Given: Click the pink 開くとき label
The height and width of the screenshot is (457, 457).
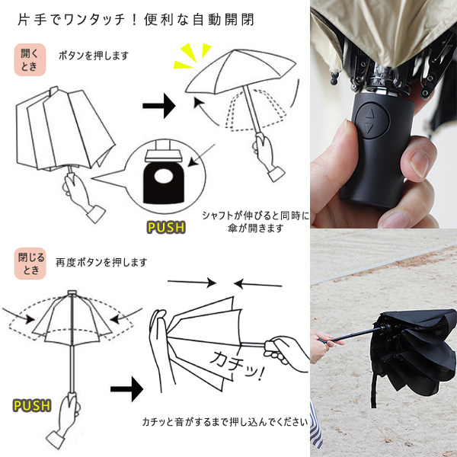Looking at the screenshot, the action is click(x=30, y=59).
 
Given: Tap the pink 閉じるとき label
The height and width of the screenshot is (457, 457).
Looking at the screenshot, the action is click(x=30, y=264).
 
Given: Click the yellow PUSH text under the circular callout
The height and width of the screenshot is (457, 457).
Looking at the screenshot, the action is click(x=166, y=227).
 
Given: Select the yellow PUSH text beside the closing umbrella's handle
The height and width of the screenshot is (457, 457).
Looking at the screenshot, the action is click(x=32, y=406).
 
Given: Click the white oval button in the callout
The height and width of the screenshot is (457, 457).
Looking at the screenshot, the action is click(x=164, y=177).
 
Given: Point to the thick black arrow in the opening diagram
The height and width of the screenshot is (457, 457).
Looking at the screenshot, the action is click(x=159, y=106).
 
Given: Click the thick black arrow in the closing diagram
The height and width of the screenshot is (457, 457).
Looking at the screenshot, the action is click(x=126, y=388).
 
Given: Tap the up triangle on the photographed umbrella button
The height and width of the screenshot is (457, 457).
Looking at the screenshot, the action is click(x=369, y=113).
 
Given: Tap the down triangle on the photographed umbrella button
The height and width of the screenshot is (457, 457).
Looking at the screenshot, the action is click(x=369, y=128).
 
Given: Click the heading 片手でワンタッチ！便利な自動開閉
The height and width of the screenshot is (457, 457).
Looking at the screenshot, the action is click(x=136, y=20).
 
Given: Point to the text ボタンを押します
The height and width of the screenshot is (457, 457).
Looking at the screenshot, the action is click(x=94, y=56).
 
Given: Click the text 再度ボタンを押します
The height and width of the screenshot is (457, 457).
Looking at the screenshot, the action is click(x=101, y=262).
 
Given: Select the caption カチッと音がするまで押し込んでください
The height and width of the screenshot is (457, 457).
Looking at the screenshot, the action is click(x=225, y=422).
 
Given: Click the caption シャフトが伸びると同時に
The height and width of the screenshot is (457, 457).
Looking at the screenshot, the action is click(x=256, y=216).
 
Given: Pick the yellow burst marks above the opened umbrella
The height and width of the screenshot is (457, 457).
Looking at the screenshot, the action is click(x=193, y=56).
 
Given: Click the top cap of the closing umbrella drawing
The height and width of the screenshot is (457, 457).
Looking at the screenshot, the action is click(x=72, y=292).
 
